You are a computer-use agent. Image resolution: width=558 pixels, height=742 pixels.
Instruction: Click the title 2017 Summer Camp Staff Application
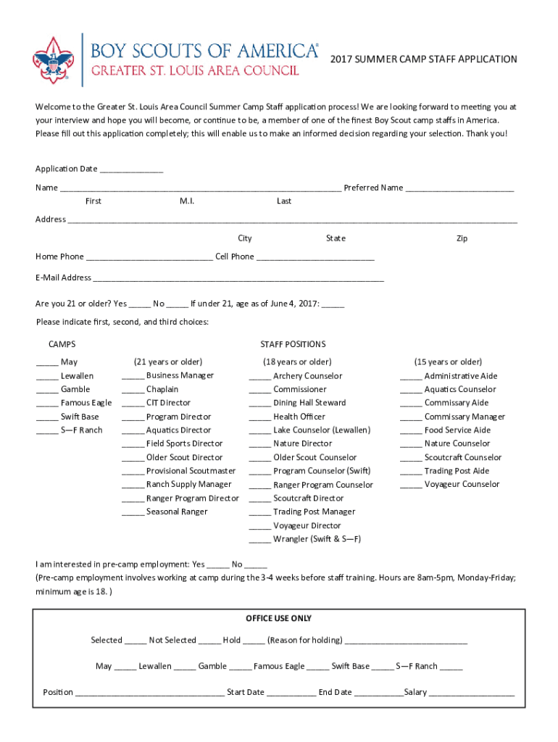[424, 59]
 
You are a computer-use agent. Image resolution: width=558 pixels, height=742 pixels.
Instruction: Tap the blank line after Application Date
[131, 170]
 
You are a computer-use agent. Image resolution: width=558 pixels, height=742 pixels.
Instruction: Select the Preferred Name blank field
[459, 189]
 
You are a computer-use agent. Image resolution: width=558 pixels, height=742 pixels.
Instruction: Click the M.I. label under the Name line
[186, 201]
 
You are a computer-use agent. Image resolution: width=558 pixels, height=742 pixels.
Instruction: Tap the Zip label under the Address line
[462, 238]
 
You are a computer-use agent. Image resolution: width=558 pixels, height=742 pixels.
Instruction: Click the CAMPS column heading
[62, 344]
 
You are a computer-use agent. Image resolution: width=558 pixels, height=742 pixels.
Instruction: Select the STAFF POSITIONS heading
[293, 344]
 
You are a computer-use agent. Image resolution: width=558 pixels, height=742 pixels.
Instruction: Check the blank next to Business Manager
[133, 377]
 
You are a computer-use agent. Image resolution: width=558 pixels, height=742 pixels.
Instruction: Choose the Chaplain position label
[162, 389]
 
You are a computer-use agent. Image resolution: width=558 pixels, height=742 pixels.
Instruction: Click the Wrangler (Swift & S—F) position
[317, 539]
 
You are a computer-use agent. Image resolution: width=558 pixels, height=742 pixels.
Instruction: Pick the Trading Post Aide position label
[457, 471]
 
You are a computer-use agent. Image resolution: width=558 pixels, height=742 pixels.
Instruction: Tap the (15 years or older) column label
[448, 362]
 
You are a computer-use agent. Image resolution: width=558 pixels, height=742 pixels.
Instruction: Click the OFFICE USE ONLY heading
[279, 618]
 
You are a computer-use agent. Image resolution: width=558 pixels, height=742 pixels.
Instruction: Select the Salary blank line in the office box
[471, 693]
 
